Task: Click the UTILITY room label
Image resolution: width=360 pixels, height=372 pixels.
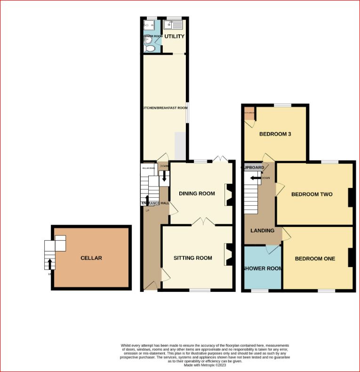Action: pyautogui.click(x=174, y=36)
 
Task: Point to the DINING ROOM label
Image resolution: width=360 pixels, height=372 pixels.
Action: pyautogui.click(x=197, y=194)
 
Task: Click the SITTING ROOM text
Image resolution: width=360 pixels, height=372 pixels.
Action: pyautogui.click(x=192, y=258)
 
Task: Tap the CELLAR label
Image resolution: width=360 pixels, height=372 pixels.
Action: pyautogui.click(x=91, y=258)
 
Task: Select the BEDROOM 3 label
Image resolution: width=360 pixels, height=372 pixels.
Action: pyautogui.click(x=275, y=134)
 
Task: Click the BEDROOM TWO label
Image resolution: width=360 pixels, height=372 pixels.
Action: pyautogui.click(x=312, y=194)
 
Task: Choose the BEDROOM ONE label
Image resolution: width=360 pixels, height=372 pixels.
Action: pyautogui.click(x=315, y=259)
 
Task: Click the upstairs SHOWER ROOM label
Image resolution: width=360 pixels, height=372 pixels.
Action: pyautogui.click(x=262, y=269)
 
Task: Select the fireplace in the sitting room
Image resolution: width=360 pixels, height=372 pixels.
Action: pyautogui.click(x=228, y=254)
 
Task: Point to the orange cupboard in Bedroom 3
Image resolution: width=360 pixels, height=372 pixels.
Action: pyautogui.click(x=248, y=113)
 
